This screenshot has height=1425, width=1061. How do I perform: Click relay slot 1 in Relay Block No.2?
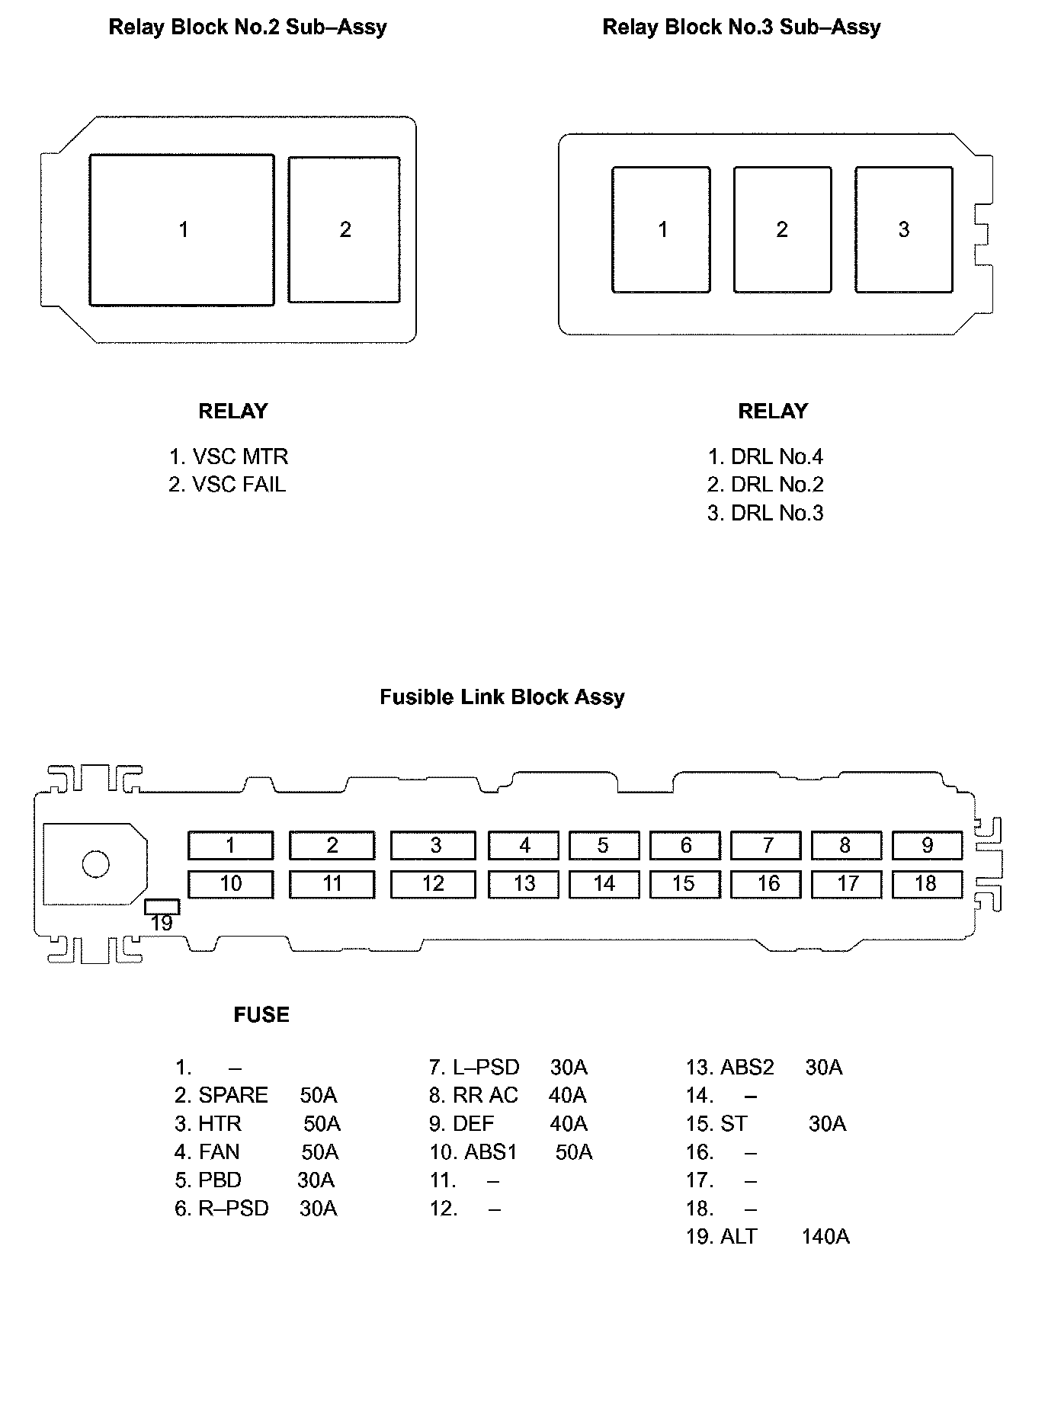tap(181, 229)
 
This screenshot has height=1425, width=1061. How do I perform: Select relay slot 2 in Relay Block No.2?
tap(345, 229)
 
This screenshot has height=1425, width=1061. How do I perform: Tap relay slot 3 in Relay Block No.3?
tap(903, 229)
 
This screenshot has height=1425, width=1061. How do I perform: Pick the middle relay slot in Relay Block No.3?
tap(782, 229)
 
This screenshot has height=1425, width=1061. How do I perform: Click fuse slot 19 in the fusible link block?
tap(162, 907)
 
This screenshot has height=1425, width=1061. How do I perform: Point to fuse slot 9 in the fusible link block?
tap(927, 845)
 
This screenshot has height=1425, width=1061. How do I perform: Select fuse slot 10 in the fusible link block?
tap(230, 884)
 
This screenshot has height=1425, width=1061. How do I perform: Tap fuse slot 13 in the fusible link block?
tap(524, 884)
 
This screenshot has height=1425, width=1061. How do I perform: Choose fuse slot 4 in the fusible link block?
tap(524, 845)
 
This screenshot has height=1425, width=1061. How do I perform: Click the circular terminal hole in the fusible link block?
tap(96, 864)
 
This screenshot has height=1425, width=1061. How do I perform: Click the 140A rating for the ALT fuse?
tap(825, 1236)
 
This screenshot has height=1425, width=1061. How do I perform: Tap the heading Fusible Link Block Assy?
tap(502, 697)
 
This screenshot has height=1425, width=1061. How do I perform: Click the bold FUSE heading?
tap(261, 1015)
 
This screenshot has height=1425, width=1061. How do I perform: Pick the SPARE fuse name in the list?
tap(233, 1095)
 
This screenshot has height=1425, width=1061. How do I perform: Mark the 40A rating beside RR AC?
tap(567, 1095)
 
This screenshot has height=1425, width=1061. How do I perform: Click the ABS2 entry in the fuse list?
tap(747, 1067)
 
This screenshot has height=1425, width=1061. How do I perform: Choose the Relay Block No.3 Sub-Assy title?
tap(741, 27)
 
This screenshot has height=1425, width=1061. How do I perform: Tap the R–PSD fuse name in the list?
tap(233, 1209)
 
